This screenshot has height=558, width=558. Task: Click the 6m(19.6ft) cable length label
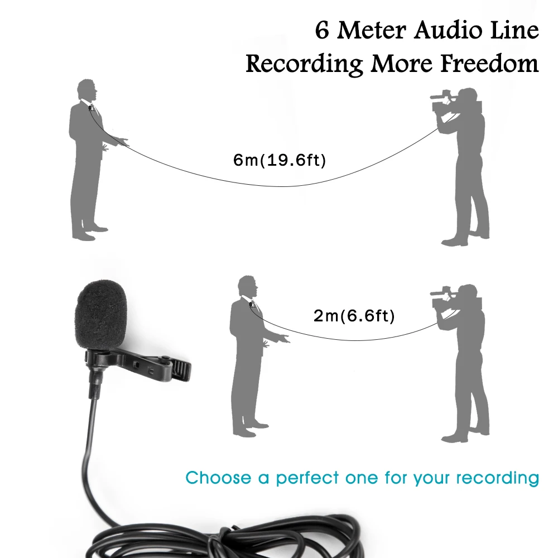279,161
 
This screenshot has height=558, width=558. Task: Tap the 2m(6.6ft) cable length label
354,317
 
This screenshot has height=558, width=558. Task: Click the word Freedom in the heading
490,63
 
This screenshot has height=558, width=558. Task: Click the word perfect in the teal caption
307,478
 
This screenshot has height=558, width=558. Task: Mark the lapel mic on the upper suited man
90,107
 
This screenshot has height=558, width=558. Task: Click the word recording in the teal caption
497,478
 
